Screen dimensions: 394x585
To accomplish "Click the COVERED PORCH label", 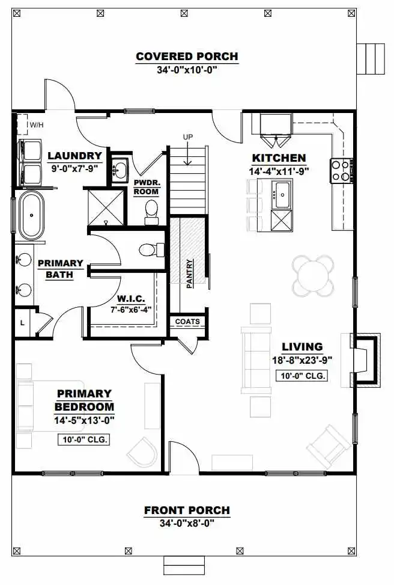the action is tap(187, 57).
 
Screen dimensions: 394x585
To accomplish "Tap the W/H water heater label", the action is tap(37, 125).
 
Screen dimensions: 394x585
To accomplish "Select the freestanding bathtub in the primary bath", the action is tap(31, 216).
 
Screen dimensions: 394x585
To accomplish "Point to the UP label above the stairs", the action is tap(188, 137).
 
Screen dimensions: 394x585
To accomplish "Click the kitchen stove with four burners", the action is tap(341, 171).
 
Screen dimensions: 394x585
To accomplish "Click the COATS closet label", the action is tap(187, 322).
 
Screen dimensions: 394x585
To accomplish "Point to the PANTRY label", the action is tap(190, 274).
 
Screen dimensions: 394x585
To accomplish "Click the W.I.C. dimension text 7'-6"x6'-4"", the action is tap(131, 309).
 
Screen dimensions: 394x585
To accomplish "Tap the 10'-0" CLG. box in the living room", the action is tap(302, 376).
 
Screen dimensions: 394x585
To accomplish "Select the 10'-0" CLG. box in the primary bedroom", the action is tap(84, 440).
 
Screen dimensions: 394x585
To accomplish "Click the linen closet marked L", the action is tap(22, 322).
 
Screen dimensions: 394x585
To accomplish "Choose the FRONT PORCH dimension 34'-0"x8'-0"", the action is tap(187, 523).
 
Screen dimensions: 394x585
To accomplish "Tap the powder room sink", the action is tap(120, 170).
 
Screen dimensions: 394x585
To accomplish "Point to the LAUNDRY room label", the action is tap(74, 156).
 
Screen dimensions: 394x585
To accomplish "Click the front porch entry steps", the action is tap(184, 566).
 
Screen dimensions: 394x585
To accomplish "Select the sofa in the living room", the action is tap(256, 360).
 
